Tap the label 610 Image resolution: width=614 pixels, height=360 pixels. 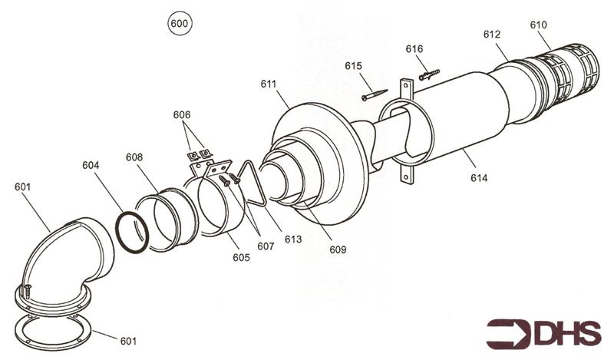pos(540,25)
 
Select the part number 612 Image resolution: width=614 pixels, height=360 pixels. pos(492,35)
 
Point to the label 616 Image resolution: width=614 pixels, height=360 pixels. pos(414,49)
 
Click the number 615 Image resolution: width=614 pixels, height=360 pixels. pos(354,67)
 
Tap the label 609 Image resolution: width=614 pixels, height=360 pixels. pos(338,249)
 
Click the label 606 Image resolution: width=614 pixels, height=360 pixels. pos(182,114)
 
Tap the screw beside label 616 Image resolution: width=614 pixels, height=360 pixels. pos(429,75)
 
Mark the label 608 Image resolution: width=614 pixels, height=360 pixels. pos(134,157)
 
